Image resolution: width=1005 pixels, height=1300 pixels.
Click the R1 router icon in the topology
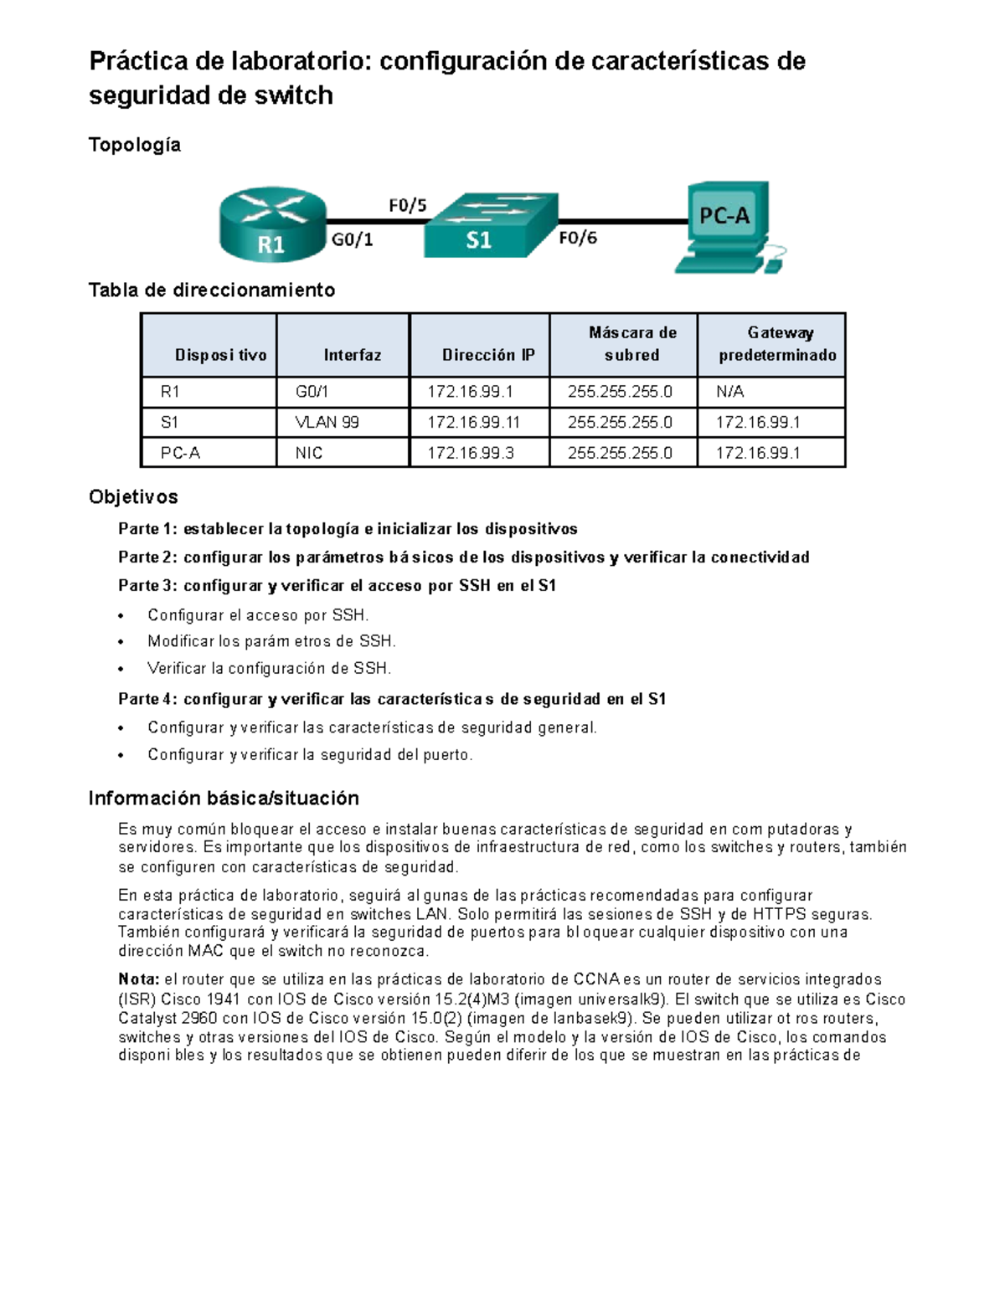click(x=272, y=224)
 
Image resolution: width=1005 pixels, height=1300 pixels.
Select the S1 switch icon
click(x=490, y=226)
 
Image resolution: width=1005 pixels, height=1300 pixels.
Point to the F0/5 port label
click(x=408, y=205)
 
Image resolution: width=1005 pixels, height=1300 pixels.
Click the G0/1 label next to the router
click(x=353, y=240)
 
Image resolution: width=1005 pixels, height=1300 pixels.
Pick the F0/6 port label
click(x=578, y=239)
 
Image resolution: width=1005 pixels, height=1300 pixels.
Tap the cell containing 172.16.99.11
click(x=473, y=423)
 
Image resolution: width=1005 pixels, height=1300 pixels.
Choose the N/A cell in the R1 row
click(x=730, y=392)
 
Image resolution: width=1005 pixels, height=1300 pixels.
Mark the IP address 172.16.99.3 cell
click(x=471, y=453)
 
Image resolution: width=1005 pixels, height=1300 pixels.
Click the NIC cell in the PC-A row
click(x=309, y=453)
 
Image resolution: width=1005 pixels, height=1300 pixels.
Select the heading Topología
click(x=135, y=145)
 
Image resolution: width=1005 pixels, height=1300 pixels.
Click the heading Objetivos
click(x=133, y=497)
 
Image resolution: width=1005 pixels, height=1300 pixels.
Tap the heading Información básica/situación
click(x=224, y=798)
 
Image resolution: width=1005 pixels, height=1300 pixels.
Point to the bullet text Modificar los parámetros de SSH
click(x=271, y=641)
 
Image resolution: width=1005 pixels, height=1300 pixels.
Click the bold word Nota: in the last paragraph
click(x=138, y=979)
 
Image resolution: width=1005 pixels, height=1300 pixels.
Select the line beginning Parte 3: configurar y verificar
click(x=337, y=586)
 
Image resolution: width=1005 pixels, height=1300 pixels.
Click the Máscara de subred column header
click(x=632, y=344)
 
